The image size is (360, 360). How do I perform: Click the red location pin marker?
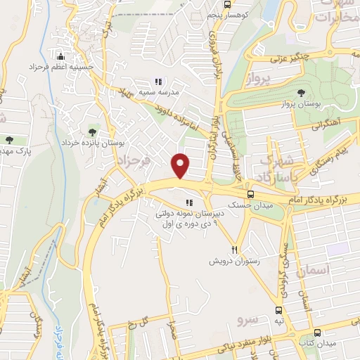point(181,165)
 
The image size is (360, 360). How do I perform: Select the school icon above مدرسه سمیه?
point(158,81)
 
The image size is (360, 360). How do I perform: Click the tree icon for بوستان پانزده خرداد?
point(92,131)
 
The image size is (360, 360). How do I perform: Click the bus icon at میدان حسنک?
point(250,195)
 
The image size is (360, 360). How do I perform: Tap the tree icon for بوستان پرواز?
point(301,92)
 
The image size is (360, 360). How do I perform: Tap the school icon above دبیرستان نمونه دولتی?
point(188,204)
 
